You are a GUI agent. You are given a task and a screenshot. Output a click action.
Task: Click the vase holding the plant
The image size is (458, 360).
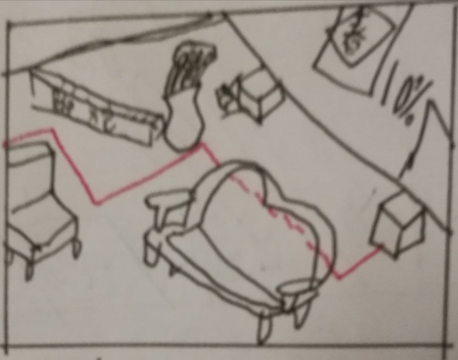point(184,123)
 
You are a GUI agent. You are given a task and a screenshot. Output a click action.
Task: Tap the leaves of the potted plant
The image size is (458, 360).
point(191,66)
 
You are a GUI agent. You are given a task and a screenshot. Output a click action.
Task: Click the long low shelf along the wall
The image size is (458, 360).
point(96,108)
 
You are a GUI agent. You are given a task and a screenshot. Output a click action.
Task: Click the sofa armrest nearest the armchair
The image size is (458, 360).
point(169,201)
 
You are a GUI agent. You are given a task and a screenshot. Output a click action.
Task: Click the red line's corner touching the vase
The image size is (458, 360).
point(201,144)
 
